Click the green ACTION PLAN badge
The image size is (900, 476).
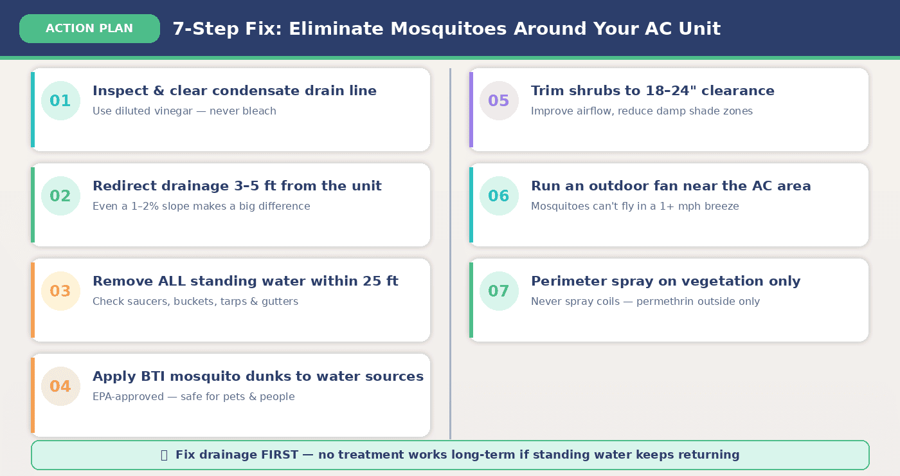pyautogui.click(x=89, y=29)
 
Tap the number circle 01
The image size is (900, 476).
pyautogui.click(x=60, y=101)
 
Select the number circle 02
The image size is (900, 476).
pyautogui.click(x=60, y=196)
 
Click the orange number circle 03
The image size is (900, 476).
pyautogui.click(x=60, y=291)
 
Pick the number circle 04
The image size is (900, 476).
pyautogui.click(x=60, y=387)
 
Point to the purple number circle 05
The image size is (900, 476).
pyautogui.click(x=499, y=101)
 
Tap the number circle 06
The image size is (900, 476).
pyautogui.click(x=499, y=196)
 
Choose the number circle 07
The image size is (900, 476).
pyautogui.click(x=499, y=291)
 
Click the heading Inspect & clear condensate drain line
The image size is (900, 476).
pyautogui.click(x=235, y=91)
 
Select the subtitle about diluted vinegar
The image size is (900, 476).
pyautogui.click(x=184, y=111)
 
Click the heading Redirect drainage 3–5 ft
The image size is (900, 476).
pyautogui.click(x=237, y=186)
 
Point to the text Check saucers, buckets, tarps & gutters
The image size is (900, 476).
pyautogui.click(x=195, y=302)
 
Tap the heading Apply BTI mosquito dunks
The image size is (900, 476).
pyautogui.click(x=258, y=376)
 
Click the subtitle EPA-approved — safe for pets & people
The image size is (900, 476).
pyautogui.click(x=194, y=397)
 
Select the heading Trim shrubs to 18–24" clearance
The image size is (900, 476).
pyautogui.click(x=652, y=91)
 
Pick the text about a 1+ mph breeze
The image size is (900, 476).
pyautogui.click(x=634, y=206)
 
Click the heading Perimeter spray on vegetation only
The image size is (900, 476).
pyautogui.click(x=665, y=281)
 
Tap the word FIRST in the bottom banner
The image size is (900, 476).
pyautogui.click(x=279, y=455)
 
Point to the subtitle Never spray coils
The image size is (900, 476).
pyautogui.click(x=645, y=302)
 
